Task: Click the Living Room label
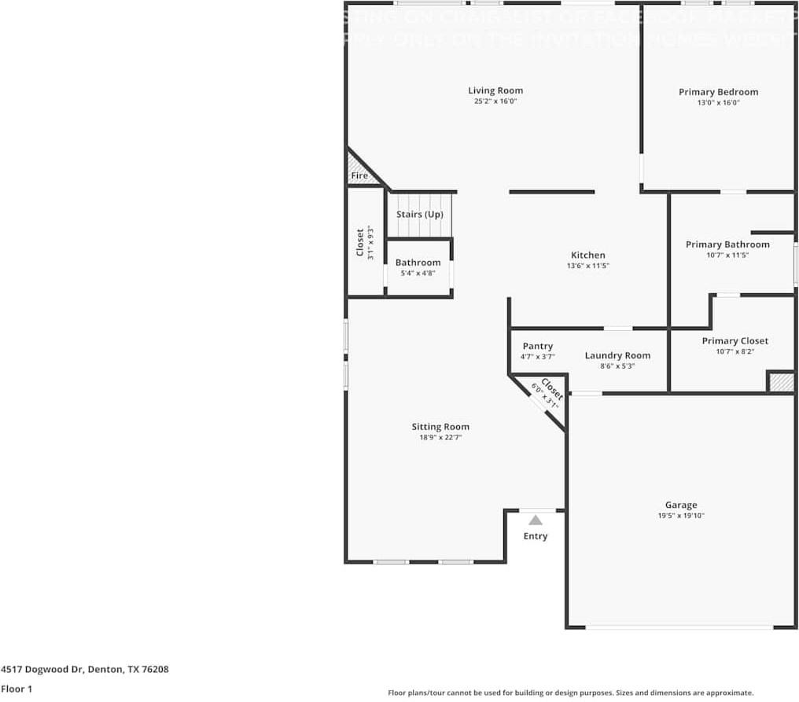point(495,90)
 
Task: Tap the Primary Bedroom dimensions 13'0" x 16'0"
point(718,102)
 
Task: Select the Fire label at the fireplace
point(359,176)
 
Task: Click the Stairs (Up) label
point(419,215)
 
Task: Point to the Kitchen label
point(587,255)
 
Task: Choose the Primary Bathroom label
point(727,244)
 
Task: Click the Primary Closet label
point(735,340)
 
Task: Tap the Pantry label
point(537,346)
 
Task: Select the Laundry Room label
point(617,355)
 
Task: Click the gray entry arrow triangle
point(536,520)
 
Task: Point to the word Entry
point(536,536)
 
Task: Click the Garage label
point(680,505)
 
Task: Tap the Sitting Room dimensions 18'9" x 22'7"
point(440,437)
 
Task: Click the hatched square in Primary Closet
point(781,382)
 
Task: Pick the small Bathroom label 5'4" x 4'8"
point(418,267)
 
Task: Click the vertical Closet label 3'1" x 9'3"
point(364,243)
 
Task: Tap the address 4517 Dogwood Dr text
point(84,670)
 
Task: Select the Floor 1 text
point(16,689)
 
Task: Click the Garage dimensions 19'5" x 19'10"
point(680,516)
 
